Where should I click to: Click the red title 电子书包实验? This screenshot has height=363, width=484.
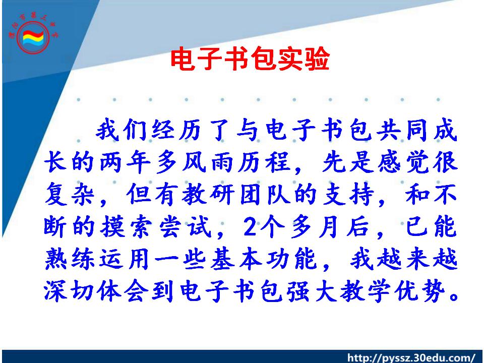(x=251, y=58)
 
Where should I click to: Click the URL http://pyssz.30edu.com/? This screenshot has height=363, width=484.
(x=411, y=358)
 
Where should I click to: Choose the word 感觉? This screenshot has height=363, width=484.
(x=403, y=162)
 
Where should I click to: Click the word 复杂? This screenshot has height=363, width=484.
(x=69, y=195)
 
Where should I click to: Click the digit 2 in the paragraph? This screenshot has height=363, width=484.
(x=251, y=227)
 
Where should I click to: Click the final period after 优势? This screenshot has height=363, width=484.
(x=454, y=297)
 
